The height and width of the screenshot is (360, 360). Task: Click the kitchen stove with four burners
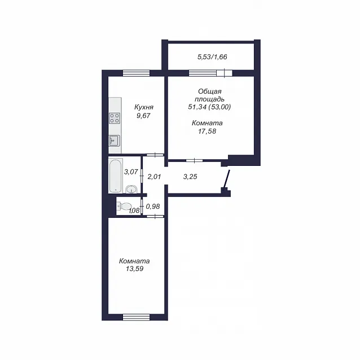[115, 118]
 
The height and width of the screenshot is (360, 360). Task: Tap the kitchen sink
[115, 141]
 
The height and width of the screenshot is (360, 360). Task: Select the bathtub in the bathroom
[116, 175]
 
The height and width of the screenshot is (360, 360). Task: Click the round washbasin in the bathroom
[131, 189]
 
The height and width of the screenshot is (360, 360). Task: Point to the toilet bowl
[124, 206]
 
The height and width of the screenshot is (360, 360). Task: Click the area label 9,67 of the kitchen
[143, 116]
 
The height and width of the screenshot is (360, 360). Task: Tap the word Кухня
[144, 107]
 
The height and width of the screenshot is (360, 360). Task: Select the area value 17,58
[207, 131]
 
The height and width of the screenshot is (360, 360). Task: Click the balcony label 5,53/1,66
[212, 57]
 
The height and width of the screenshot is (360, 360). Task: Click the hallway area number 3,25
[190, 177]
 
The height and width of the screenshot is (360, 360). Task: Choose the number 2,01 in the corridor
[154, 177]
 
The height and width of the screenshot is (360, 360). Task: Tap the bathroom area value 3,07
[131, 172]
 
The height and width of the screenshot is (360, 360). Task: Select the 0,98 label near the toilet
[153, 207]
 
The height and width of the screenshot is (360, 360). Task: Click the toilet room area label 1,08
[134, 210]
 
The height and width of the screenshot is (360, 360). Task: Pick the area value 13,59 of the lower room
[134, 269]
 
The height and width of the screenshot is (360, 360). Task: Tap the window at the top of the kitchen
[136, 73]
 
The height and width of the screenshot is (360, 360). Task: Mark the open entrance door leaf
[227, 179]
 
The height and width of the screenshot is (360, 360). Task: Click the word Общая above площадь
[209, 91]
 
